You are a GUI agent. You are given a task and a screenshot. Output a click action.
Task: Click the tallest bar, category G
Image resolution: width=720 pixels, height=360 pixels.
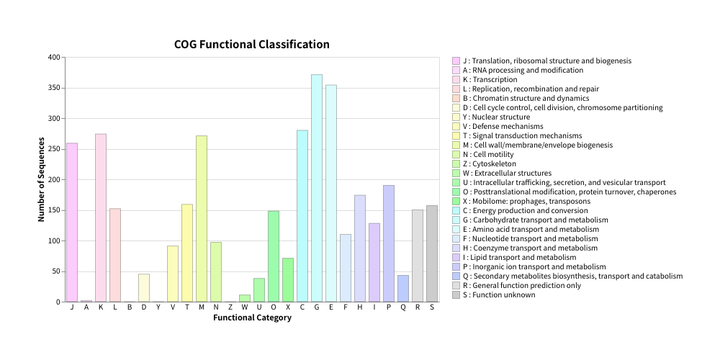(x=317, y=188)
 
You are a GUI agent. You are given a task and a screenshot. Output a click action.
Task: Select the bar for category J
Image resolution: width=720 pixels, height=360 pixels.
(x=72, y=222)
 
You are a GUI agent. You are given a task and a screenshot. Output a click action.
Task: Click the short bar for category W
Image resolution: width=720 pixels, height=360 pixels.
(x=245, y=298)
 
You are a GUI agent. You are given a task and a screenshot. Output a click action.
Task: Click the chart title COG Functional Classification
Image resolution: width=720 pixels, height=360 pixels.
(x=252, y=45)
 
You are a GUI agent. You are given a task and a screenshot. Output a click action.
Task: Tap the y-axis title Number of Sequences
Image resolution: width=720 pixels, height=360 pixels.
(x=42, y=179)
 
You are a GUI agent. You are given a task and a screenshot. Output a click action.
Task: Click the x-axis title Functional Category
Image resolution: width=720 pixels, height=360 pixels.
(x=252, y=318)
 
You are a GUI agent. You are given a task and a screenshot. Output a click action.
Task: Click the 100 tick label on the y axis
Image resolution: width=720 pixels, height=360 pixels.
(x=54, y=241)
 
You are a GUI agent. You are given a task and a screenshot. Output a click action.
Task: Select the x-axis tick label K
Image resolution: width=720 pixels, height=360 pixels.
(x=101, y=307)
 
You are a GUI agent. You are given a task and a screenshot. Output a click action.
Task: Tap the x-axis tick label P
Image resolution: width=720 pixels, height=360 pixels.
(x=389, y=307)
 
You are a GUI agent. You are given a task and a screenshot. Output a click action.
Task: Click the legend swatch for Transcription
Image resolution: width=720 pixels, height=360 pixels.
(x=456, y=80)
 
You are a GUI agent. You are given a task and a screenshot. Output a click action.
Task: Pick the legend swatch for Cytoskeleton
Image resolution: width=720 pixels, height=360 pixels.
(x=456, y=164)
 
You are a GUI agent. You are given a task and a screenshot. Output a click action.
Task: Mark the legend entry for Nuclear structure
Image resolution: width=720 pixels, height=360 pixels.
(x=496, y=117)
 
